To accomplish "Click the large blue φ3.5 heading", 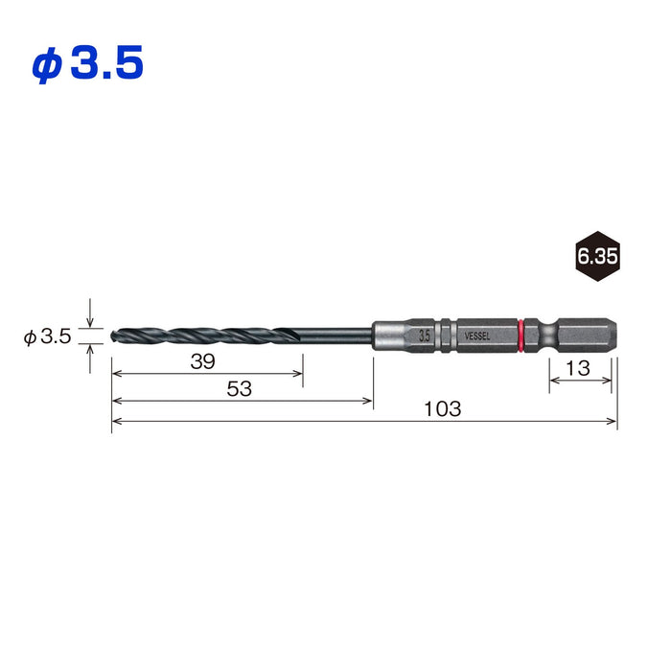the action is tap(87, 63).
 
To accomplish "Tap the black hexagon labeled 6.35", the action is tap(597, 256).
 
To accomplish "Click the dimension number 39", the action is tap(203, 361).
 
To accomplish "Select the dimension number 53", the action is tap(240, 389).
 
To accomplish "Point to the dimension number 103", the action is tap(443, 409).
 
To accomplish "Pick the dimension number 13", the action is tap(578, 368).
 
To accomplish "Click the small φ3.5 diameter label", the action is tap(47, 336).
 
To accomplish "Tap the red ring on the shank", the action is tap(521, 335).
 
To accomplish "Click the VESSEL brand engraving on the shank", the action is tap(477, 336).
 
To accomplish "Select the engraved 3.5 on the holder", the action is tap(425, 335).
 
